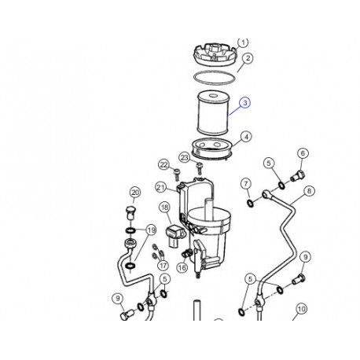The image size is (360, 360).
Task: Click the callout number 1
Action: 243,42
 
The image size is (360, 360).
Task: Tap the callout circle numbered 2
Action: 247,58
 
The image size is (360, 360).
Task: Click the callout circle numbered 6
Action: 302,153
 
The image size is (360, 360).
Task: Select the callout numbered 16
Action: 182,268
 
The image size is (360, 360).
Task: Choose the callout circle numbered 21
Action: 160,187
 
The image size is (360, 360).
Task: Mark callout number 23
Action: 184,158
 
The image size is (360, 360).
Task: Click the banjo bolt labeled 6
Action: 298,174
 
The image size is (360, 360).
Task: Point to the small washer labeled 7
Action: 250,204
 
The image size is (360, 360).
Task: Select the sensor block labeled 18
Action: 174,233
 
